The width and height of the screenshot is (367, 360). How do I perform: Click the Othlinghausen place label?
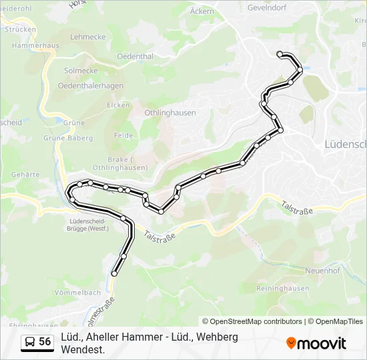[x=170, y=113]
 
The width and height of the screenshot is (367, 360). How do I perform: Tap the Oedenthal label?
[x=135, y=57]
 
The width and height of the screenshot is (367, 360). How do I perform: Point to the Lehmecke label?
[x=87, y=37]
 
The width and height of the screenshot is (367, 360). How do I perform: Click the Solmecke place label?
[x=81, y=71]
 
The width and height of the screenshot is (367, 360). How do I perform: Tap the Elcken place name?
[x=118, y=105]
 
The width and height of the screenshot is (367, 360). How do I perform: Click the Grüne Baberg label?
[x=67, y=138]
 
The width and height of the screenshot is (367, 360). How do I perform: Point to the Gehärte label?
[x=25, y=174]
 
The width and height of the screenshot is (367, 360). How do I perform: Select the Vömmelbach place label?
[x=77, y=293]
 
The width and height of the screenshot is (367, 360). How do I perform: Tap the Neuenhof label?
[x=322, y=271]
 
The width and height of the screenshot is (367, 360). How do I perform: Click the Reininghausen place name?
[x=283, y=289]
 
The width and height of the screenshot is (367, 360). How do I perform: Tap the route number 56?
[x=45, y=342]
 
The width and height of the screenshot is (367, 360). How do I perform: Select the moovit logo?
[x=316, y=343]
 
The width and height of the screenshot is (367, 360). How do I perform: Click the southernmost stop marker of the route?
[x=115, y=273]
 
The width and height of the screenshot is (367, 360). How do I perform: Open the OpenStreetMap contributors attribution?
[x=252, y=321]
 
